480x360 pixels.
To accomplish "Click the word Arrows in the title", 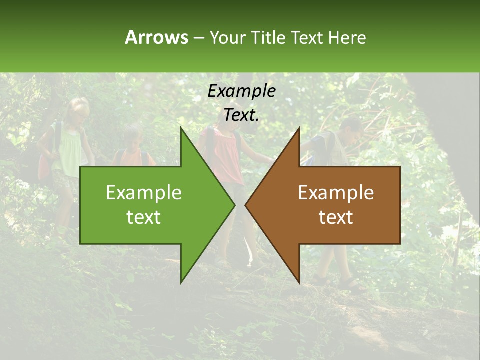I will [x=156, y=37].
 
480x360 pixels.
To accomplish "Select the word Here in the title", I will [x=347, y=37].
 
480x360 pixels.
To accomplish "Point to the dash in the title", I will [x=198, y=38].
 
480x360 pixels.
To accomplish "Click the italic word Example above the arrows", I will [x=241, y=91].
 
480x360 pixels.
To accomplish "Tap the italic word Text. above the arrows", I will [x=241, y=115].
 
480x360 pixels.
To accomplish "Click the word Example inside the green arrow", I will [x=144, y=193].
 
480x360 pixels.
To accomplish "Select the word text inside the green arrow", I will [x=144, y=217].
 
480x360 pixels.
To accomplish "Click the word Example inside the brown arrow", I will [x=336, y=193].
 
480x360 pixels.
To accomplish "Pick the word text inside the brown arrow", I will [x=336, y=217].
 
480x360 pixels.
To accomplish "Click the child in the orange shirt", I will [x=132, y=150].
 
